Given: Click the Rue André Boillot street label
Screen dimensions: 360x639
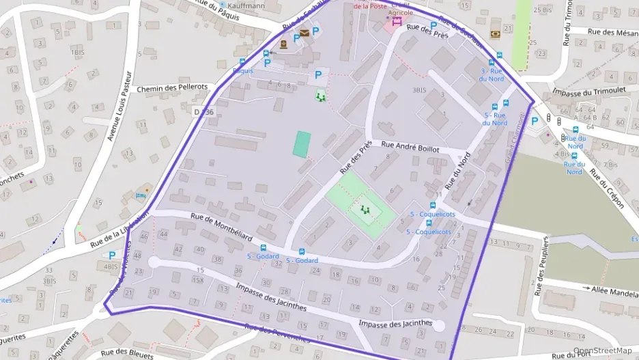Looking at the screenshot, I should [x=410, y=146].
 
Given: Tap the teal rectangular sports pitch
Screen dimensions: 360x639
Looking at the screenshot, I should [x=302, y=144].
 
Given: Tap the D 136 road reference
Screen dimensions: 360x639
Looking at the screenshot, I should [x=203, y=112].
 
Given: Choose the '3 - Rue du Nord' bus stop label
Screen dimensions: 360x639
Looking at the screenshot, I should [x=493, y=74].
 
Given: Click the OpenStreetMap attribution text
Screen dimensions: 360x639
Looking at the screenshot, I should [x=602, y=351].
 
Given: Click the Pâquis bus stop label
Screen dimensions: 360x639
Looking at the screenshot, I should [x=242, y=71].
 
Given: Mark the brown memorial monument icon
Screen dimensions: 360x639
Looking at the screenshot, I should [x=283, y=44].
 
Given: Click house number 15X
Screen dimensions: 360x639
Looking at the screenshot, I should [x=198, y=280].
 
